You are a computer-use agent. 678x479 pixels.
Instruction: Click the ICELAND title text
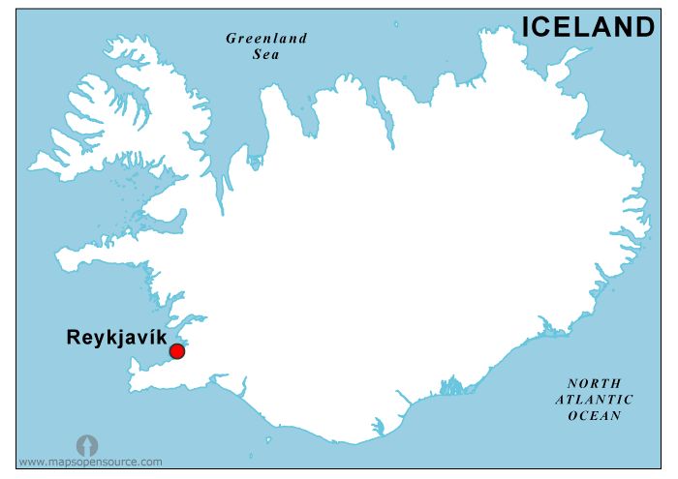click(589, 27)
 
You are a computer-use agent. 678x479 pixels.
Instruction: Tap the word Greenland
click(266, 39)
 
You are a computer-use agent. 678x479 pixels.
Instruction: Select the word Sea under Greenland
click(266, 55)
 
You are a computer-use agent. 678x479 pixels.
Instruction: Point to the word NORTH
click(595, 383)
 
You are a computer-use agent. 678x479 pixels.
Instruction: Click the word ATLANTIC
click(595, 399)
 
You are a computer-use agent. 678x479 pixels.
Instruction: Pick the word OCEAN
click(595, 415)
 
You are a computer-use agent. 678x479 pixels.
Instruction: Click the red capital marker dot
click(176, 351)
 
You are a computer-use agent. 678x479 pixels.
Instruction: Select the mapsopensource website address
click(90, 463)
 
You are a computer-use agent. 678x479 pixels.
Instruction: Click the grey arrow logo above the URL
click(87, 445)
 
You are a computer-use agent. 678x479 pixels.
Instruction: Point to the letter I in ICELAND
click(526, 27)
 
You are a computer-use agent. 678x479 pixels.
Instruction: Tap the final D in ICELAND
click(645, 27)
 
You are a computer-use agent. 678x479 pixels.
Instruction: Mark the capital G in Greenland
click(231, 39)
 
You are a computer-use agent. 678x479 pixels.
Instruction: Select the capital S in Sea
click(256, 55)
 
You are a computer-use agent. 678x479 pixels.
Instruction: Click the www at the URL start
click(30, 463)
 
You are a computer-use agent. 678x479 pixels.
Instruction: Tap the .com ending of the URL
click(150, 463)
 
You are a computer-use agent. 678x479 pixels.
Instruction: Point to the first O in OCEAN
click(572, 415)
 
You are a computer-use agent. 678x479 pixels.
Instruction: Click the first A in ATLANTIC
click(561, 399)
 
